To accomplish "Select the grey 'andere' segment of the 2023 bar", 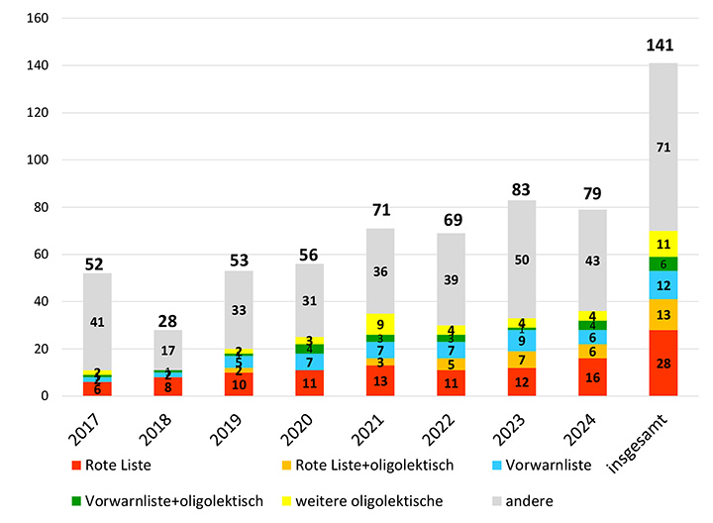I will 521,260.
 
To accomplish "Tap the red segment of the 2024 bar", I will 592,377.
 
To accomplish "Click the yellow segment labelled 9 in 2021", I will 380,323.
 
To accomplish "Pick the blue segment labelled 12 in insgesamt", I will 663,284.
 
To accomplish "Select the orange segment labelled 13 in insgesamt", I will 663,314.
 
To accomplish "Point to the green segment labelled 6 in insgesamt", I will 663,263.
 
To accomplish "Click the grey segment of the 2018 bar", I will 167,350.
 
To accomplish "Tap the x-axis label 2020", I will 303,430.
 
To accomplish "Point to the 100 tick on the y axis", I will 36,159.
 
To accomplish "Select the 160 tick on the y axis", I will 36,18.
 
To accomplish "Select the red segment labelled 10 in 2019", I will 239,384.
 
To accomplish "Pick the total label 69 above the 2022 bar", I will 451,217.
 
